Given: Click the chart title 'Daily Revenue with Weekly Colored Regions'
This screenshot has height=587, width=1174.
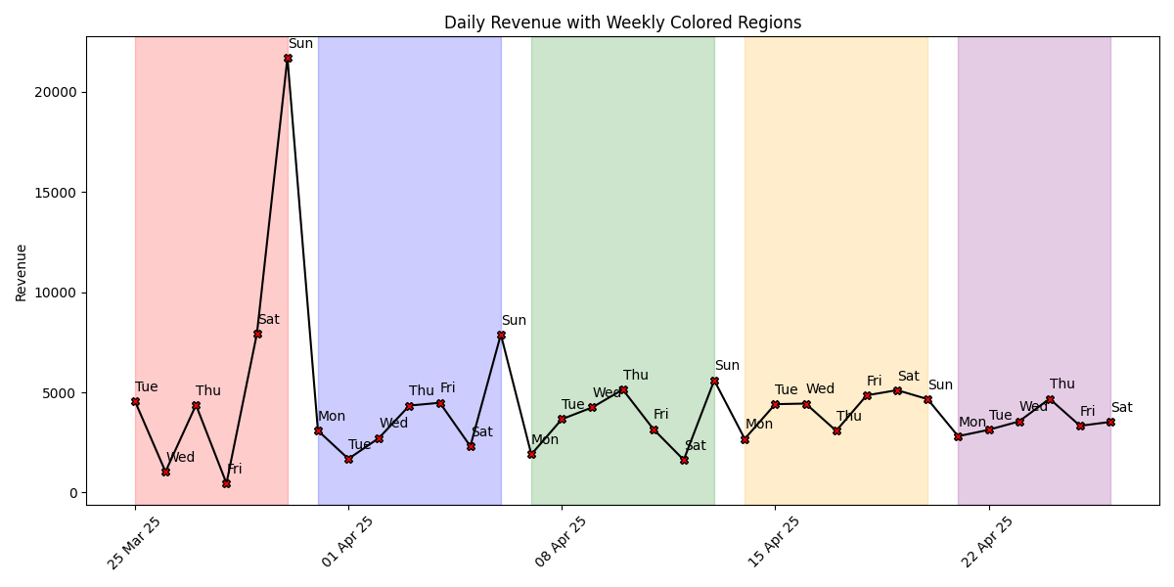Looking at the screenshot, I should [622, 23].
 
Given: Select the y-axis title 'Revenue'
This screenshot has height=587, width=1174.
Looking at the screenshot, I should [22, 272].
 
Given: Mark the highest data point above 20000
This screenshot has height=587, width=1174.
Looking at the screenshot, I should [288, 58].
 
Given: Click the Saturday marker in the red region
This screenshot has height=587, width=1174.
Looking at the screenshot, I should [257, 334].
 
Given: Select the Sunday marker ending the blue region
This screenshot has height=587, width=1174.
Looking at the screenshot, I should [501, 335].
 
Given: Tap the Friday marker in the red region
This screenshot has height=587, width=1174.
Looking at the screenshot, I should [226, 483].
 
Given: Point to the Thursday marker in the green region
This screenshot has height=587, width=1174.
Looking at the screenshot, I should [623, 389].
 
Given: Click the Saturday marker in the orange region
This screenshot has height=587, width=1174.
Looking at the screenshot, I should [897, 390].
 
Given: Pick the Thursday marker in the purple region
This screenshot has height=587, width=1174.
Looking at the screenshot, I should [1050, 399].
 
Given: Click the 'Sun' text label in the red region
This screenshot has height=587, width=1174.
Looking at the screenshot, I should [300, 43].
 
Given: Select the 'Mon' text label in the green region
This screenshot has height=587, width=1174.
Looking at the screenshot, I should [545, 439].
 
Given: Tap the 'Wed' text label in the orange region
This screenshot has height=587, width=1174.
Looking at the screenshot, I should [820, 388].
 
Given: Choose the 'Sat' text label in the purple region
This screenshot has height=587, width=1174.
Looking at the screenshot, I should [1121, 407].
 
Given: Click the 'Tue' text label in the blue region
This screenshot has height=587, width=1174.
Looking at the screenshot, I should [359, 444].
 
